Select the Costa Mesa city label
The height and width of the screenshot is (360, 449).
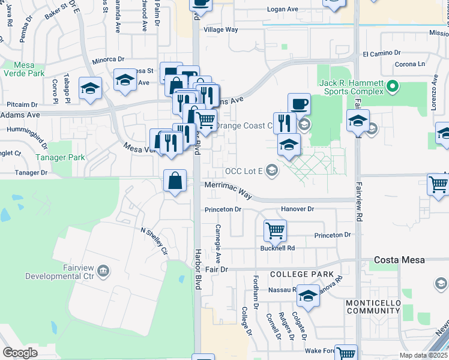pos(399,260)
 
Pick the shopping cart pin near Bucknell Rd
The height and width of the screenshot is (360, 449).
pos(275,229)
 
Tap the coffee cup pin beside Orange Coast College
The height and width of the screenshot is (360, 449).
pos(299,103)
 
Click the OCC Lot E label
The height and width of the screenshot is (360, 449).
pos(244,172)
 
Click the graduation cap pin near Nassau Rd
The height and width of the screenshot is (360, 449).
pos(309,296)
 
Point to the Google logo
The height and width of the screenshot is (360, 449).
pos(20,352)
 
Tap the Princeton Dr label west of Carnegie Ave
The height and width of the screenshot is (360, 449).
pos(223,209)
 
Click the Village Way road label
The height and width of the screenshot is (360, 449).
pos(221,29)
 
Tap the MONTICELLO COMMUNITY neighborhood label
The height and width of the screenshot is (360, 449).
pos(373,307)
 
